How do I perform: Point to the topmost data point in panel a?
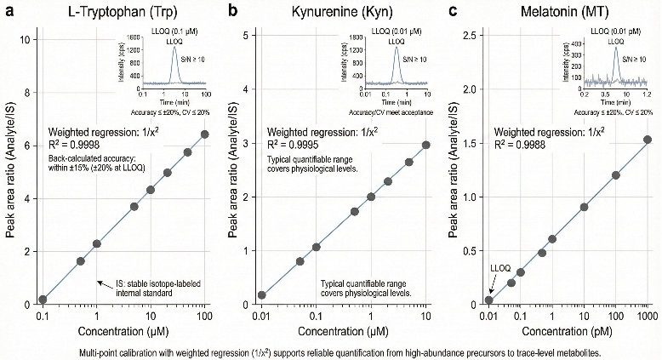pyautogui.click(x=204, y=134)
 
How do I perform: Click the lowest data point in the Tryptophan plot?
pyautogui.click(x=43, y=300)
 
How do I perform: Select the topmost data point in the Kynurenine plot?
pyautogui.click(x=425, y=145)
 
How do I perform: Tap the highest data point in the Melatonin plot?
pyautogui.click(x=647, y=140)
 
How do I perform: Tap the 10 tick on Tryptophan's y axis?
pyautogui.click(x=28, y=40)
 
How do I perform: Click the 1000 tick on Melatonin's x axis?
pyautogui.click(x=647, y=317)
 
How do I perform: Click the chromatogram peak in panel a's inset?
pyautogui.click(x=174, y=50)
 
